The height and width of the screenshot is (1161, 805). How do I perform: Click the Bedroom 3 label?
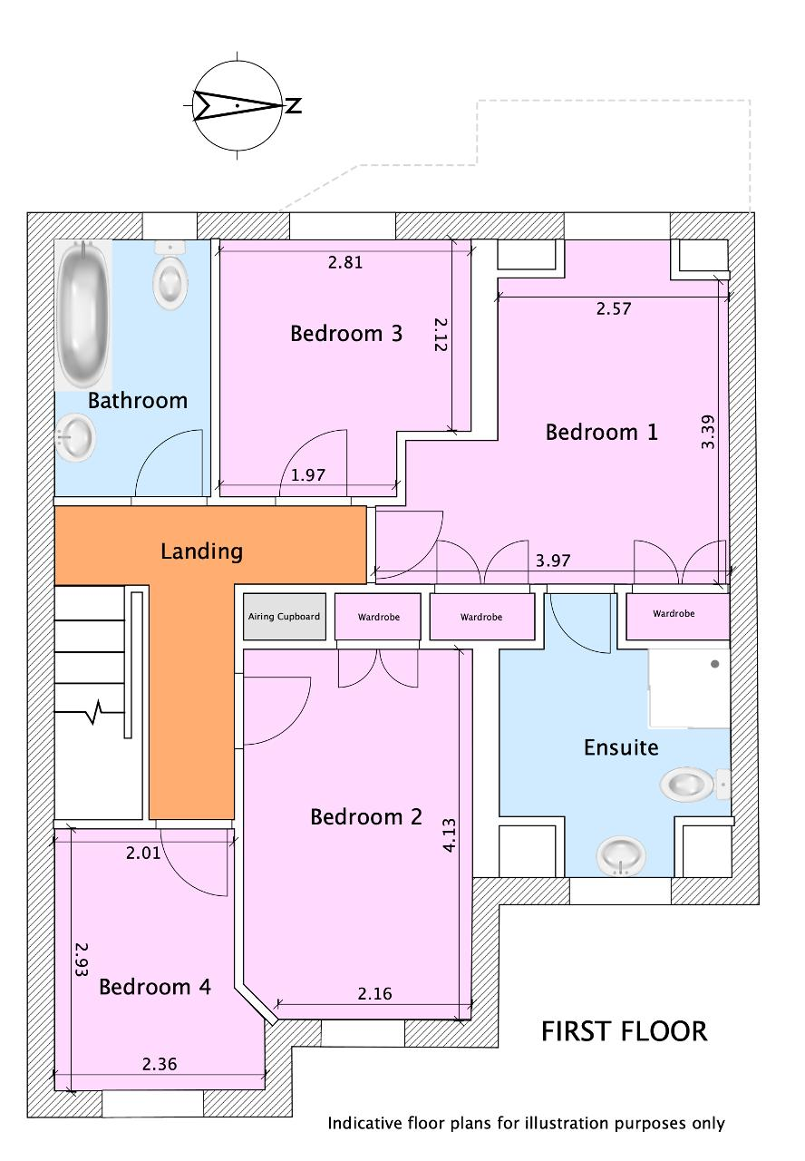(x=346, y=333)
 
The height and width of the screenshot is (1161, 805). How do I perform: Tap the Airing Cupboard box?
(x=285, y=616)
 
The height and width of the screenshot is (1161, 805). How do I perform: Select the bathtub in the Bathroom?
(x=82, y=315)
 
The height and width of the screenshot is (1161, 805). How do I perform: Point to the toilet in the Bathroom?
(x=170, y=275)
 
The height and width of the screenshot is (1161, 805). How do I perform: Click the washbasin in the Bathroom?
(x=75, y=437)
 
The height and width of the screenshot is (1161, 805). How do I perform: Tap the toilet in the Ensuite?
(x=695, y=784)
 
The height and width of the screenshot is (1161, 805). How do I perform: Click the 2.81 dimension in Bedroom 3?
(x=345, y=262)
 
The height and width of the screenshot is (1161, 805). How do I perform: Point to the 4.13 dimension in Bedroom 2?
(x=449, y=834)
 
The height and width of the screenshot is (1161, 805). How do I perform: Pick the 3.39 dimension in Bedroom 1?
(x=708, y=432)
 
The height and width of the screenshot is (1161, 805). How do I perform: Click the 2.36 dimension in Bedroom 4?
(x=160, y=1064)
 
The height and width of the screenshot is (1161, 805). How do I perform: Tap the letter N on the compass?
(x=294, y=105)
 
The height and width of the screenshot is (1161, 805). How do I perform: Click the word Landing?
(x=201, y=551)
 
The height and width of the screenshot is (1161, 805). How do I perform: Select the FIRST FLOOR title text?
(x=625, y=1031)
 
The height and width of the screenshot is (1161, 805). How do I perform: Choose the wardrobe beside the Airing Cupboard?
(x=378, y=617)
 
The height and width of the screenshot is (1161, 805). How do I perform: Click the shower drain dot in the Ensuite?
(x=715, y=664)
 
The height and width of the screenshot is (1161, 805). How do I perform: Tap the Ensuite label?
(x=621, y=747)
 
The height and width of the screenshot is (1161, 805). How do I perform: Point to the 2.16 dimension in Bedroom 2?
(x=374, y=993)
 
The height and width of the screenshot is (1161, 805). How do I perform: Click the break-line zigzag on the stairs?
(x=96, y=712)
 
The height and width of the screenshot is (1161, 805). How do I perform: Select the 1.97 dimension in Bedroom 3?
(x=307, y=474)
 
